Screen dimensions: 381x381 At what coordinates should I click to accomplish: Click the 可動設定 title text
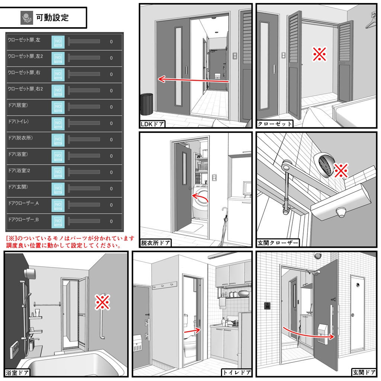click(x=52, y=17)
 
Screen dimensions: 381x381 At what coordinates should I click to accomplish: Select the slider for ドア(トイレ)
click(x=84, y=123)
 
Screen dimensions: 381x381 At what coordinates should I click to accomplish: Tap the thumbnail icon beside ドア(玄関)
click(x=58, y=188)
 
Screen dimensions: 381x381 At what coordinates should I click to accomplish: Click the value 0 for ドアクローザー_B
click(x=111, y=221)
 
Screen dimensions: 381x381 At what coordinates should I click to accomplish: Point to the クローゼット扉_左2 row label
click(x=26, y=57)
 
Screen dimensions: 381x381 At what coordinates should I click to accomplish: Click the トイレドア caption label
click(x=237, y=372)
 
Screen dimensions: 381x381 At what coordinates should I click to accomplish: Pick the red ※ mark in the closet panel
click(x=319, y=55)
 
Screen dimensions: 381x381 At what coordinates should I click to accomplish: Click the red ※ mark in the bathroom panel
click(x=102, y=302)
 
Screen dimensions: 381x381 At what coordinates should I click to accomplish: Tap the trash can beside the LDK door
click(x=147, y=104)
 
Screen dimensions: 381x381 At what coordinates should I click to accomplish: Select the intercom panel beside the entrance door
click(x=267, y=306)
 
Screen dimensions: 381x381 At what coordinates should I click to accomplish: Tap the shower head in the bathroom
click(x=30, y=273)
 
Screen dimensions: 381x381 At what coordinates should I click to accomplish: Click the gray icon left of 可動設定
click(x=27, y=17)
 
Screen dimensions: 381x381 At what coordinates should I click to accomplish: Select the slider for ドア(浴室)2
click(x=84, y=172)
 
